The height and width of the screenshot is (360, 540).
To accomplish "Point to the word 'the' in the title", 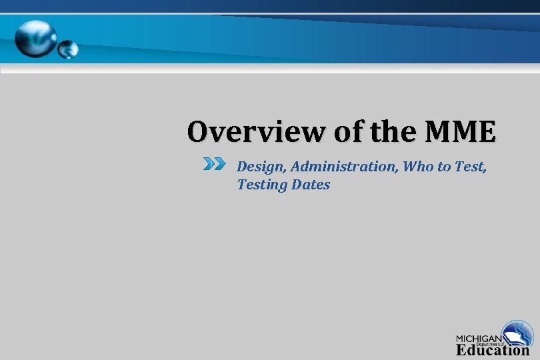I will point(394,132).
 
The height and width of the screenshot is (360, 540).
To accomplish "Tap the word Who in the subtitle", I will point(418,167).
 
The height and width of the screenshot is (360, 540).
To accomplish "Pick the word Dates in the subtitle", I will point(311,185).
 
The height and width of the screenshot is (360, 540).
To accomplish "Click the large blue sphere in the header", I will point(36,37).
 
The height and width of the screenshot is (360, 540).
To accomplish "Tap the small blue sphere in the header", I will point(68,48).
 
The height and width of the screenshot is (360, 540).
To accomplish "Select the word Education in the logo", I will point(492,350).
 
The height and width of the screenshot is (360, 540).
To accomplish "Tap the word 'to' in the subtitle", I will point(444,167).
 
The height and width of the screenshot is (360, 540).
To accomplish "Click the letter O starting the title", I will point(198,132).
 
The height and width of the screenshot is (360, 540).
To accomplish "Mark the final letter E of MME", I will point(486,132).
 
